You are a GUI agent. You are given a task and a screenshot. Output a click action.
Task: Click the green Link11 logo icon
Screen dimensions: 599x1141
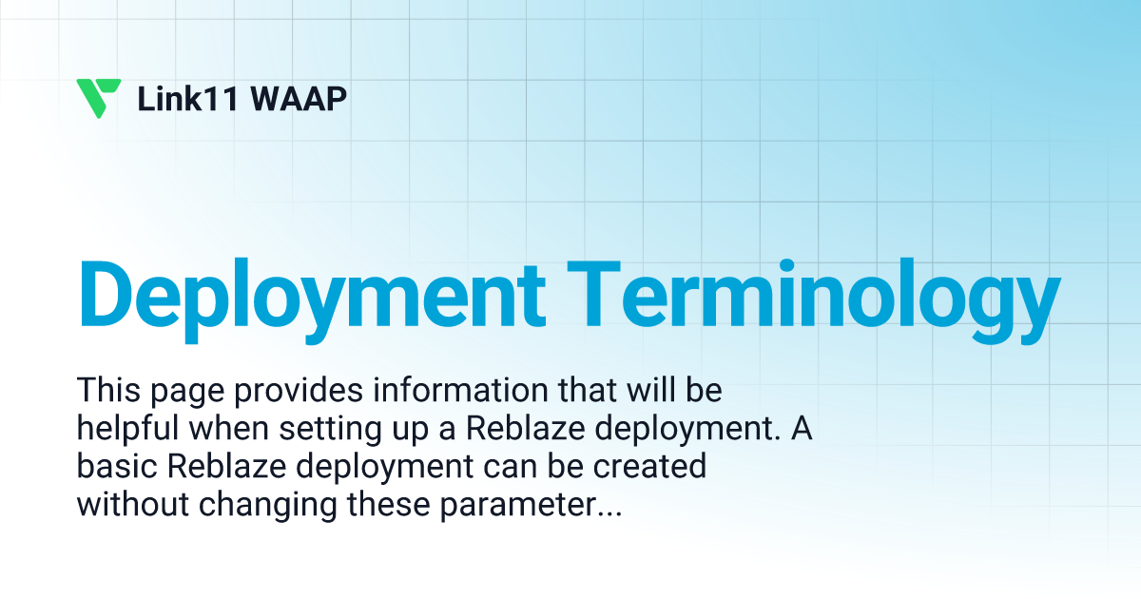pos(98,98)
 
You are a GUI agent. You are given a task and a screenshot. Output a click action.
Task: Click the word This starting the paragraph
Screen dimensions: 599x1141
pos(106,390)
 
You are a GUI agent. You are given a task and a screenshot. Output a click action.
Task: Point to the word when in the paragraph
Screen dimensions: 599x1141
pos(228,429)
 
